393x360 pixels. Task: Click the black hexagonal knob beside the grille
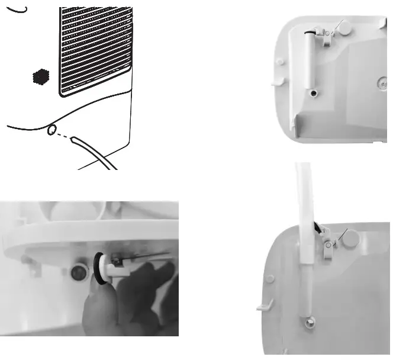click(39, 77)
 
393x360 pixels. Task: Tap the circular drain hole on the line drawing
click(52, 129)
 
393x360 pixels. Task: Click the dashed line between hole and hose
click(62, 134)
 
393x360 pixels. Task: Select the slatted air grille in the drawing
click(95, 50)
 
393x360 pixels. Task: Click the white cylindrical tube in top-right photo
click(309, 59)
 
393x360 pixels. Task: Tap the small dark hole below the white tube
click(312, 93)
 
